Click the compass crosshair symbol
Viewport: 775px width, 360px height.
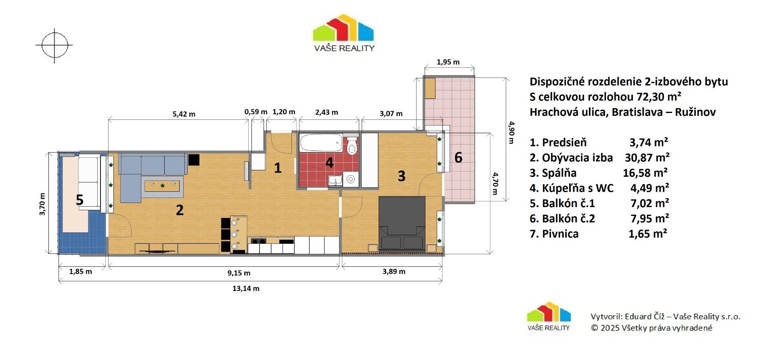(x=54, y=45)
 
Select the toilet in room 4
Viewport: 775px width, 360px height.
(x=352, y=146)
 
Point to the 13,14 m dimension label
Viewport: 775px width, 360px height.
(x=246, y=289)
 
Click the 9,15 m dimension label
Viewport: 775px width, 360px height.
(x=239, y=273)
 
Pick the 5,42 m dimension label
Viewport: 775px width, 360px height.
(x=184, y=114)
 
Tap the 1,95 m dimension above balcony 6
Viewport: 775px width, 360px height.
(x=448, y=62)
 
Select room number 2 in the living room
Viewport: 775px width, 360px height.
(x=180, y=210)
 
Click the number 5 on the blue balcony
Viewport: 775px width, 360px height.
(x=80, y=200)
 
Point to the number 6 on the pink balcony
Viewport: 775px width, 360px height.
(x=458, y=157)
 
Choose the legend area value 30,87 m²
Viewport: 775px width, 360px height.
(x=647, y=157)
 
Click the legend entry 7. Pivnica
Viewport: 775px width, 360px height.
(x=554, y=234)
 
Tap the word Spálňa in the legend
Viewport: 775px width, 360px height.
(x=559, y=173)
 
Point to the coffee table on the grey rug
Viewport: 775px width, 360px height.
(x=162, y=186)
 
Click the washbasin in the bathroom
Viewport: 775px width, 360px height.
(x=335, y=180)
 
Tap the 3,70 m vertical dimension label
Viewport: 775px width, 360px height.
(x=42, y=204)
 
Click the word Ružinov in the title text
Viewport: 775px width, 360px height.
(x=695, y=112)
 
